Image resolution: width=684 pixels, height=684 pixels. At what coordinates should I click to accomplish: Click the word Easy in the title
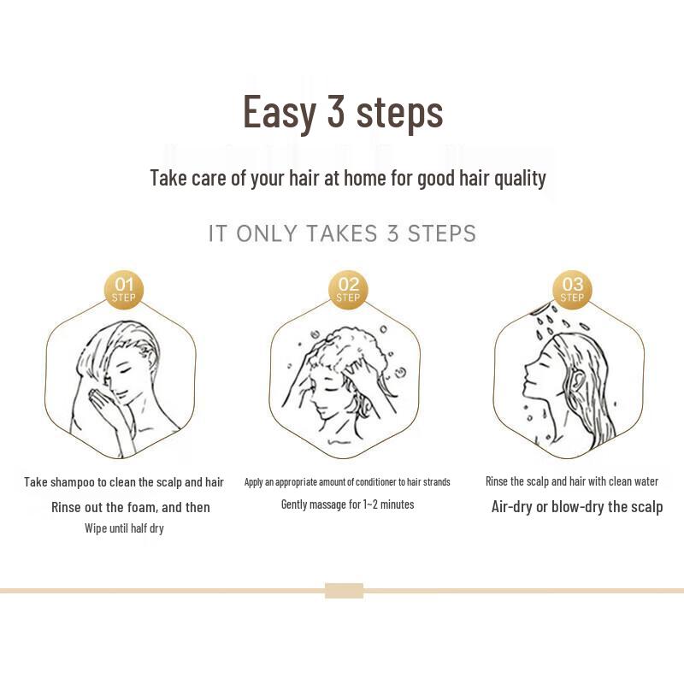[279, 113]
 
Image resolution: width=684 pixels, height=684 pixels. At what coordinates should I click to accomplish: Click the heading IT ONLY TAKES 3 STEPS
[342, 233]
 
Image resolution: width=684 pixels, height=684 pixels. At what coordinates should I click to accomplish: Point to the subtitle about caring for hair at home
[347, 178]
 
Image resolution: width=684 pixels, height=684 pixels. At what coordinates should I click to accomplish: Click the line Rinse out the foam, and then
[130, 507]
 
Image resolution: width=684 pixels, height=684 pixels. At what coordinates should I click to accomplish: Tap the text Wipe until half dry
[124, 528]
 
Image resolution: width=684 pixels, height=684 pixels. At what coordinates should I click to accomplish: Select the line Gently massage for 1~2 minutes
[347, 504]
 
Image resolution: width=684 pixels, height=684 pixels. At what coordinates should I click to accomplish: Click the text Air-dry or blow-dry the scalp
[576, 506]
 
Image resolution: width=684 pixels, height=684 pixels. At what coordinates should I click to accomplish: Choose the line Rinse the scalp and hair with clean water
[571, 481]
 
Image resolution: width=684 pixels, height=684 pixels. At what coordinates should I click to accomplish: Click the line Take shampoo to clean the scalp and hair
[124, 482]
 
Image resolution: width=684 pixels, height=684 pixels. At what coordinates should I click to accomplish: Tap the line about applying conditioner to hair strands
[347, 482]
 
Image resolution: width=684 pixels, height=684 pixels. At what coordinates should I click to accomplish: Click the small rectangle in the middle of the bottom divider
[344, 590]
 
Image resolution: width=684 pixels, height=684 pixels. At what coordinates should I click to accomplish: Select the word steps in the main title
[401, 113]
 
